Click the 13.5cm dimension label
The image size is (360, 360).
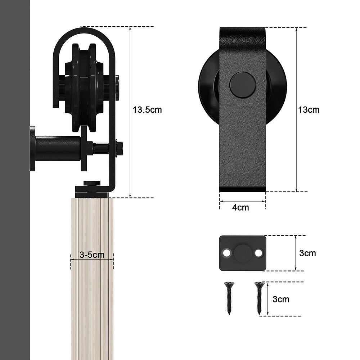(x=147, y=110)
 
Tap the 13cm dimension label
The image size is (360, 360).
(x=309, y=110)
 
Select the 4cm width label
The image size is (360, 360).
(x=240, y=208)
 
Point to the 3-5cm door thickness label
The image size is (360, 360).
(x=92, y=255)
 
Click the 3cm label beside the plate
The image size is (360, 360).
(x=307, y=253)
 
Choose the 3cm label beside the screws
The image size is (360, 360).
(x=281, y=299)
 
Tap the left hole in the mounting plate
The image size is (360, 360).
(x=226, y=253)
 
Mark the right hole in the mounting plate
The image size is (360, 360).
(x=258, y=253)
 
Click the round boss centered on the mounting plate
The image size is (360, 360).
(x=243, y=253)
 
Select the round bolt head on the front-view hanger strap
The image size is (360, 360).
(x=243, y=85)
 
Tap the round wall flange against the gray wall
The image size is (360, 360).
(x=32, y=148)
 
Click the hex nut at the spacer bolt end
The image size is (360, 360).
(x=119, y=148)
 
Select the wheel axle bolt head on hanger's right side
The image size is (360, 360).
(x=117, y=87)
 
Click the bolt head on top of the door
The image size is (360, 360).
(x=92, y=184)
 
